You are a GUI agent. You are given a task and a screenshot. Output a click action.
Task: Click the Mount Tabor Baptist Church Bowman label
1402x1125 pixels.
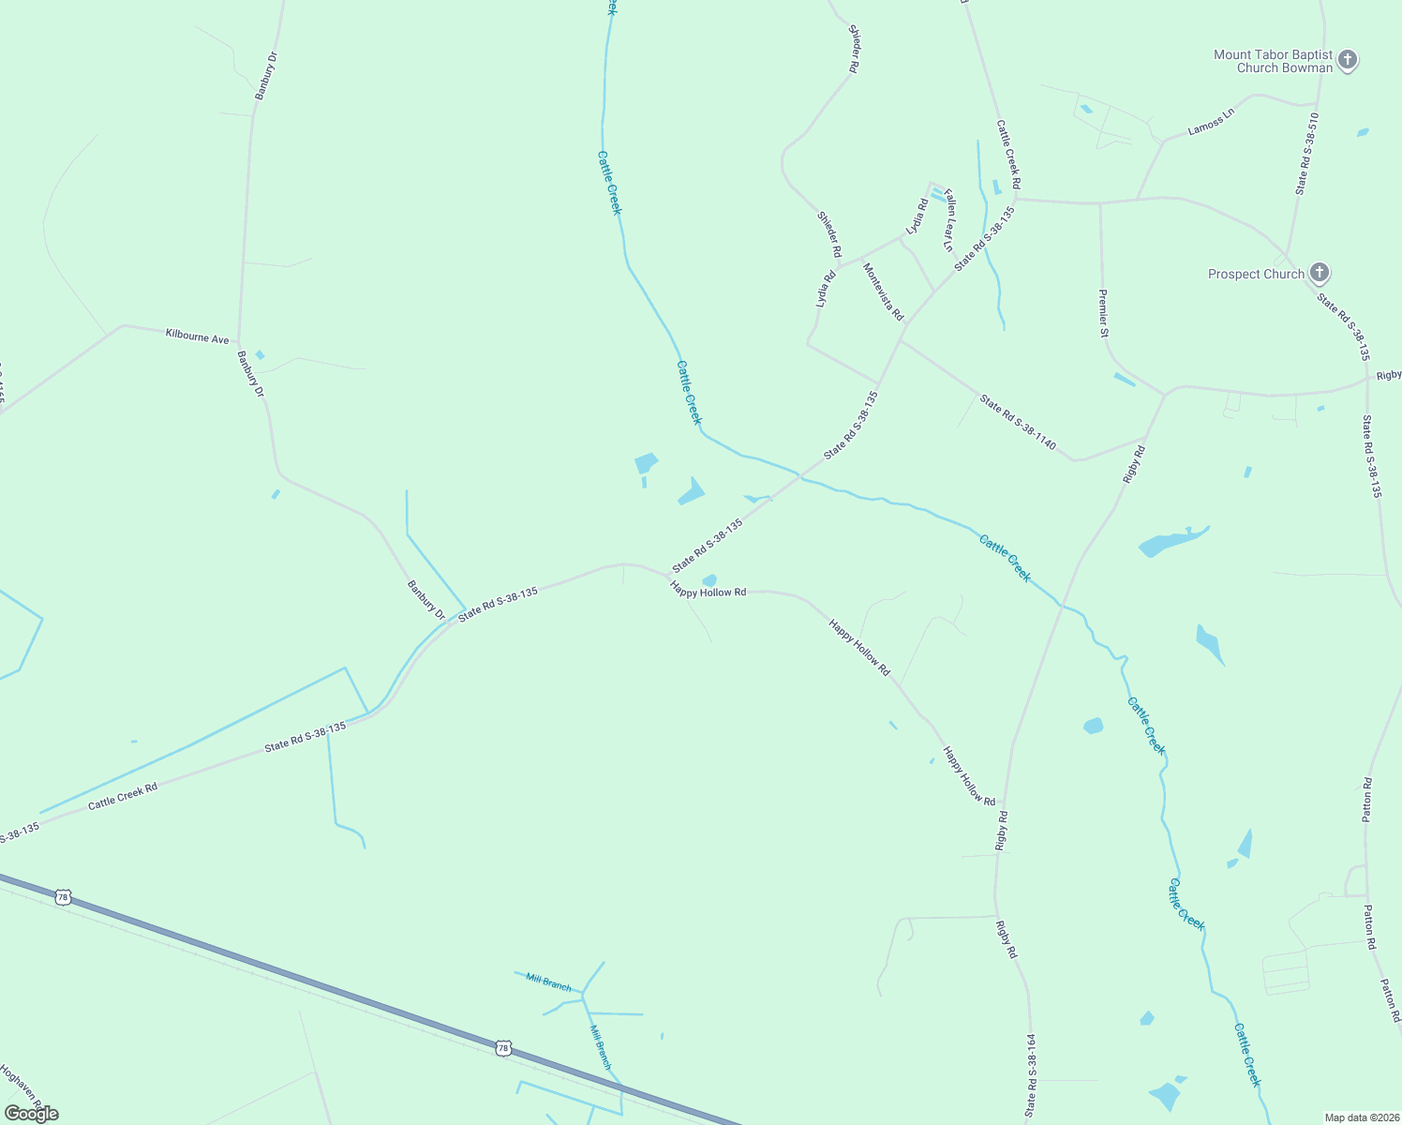(x=1273, y=61)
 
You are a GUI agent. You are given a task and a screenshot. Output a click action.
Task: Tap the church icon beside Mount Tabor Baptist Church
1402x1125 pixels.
(x=1348, y=61)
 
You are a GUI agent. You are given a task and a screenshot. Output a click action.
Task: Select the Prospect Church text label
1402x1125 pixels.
(x=1256, y=274)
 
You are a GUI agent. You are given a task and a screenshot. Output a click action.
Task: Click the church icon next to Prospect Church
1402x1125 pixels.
(x=1320, y=274)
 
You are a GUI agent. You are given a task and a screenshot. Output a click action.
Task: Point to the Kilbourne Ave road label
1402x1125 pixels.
(x=197, y=336)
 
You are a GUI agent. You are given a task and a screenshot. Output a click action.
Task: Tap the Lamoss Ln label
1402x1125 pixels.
(x=1211, y=122)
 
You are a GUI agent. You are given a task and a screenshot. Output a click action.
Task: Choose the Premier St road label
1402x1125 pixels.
(x=1104, y=313)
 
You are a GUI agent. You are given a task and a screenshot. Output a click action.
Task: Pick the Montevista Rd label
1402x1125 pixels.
(x=883, y=292)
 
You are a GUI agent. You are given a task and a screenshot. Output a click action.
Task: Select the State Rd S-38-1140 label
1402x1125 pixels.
(x=1018, y=422)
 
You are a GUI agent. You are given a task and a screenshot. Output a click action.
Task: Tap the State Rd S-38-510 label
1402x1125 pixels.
(x=1307, y=154)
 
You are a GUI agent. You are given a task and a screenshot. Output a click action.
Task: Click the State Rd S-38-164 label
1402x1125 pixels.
(x=1032, y=1074)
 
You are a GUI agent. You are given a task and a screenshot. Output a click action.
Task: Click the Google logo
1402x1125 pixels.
(x=31, y=1114)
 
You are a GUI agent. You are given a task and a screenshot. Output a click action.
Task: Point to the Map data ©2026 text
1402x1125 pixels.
(x=1361, y=1117)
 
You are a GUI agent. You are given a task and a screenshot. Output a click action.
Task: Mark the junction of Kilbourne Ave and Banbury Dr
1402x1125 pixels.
(x=239, y=342)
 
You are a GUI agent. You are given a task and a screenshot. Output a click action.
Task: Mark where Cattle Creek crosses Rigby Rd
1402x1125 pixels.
(x=1062, y=605)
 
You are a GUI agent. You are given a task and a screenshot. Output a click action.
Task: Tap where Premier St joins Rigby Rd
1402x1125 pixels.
(x=1164, y=395)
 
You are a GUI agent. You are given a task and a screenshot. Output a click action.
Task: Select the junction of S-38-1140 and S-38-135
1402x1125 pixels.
(x=900, y=338)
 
